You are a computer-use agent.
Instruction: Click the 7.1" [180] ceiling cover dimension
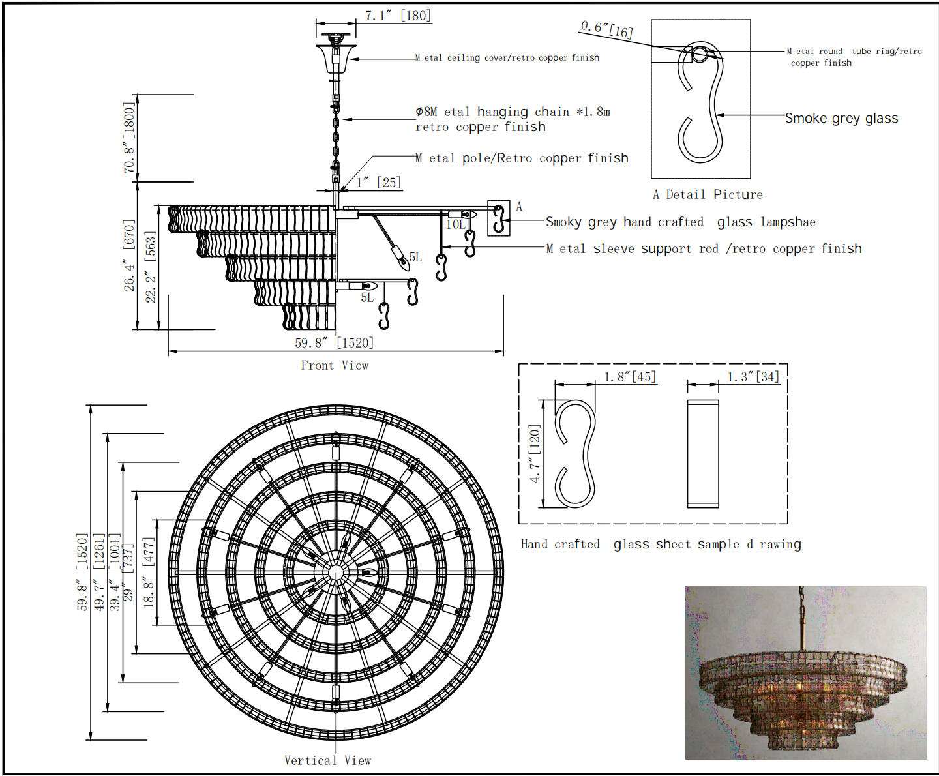tap(398, 16)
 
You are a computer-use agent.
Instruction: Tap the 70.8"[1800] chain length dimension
tap(129, 138)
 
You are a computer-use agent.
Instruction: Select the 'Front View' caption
tap(335, 365)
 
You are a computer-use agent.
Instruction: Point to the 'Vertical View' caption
tap(327, 760)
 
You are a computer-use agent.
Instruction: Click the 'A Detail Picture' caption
tap(708, 195)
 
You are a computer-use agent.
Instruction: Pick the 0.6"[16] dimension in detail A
tap(606, 30)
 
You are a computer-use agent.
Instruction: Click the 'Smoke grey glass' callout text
tap(841, 118)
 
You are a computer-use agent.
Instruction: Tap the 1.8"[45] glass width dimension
tap(630, 377)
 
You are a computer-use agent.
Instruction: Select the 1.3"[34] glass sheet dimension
tap(753, 377)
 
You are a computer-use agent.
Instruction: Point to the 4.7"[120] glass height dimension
tap(534, 453)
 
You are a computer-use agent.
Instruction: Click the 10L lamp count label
tap(455, 224)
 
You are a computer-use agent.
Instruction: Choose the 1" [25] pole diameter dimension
tap(379, 183)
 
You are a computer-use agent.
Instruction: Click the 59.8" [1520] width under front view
tap(334, 343)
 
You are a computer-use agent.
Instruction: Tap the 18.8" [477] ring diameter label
tap(149, 573)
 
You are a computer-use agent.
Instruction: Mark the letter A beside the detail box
tap(519, 207)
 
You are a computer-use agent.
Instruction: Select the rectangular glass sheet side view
tap(703, 454)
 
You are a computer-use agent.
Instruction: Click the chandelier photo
tap(805, 672)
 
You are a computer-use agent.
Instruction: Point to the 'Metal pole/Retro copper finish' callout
tap(522, 158)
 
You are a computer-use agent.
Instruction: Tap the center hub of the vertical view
tap(335, 573)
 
